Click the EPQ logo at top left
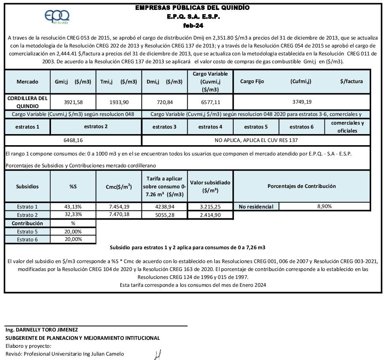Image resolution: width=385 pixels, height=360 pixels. [x=57, y=17]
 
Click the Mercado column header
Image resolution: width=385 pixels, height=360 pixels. [x=27, y=81]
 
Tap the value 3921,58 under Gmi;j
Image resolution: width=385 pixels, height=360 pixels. [x=73, y=102]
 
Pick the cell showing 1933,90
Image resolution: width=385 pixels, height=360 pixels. [x=119, y=102]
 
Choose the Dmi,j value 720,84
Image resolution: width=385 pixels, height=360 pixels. [x=164, y=102]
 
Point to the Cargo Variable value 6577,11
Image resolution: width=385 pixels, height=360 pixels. [x=210, y=102]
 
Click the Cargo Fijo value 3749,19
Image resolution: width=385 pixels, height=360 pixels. [x=302, y=102]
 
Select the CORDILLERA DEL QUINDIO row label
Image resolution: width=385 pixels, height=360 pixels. [x=27, y=102]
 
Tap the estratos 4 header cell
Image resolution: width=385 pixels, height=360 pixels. [x=210, y=127]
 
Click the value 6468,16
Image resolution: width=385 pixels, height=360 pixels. [x=73, y=140]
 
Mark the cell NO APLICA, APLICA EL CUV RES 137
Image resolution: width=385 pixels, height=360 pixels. [x=256, y=140]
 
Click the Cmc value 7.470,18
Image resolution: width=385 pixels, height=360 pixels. [x=119, y=214]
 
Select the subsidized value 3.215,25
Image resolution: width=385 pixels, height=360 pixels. [x=210, y=207]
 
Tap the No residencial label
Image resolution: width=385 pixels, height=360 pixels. [x=256, y=207]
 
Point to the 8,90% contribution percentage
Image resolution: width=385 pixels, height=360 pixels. [x=324, y=206]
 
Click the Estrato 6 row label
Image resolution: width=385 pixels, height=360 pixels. [x=27, y=239]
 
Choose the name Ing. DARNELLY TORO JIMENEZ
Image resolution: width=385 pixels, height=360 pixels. [x=42, y=330]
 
